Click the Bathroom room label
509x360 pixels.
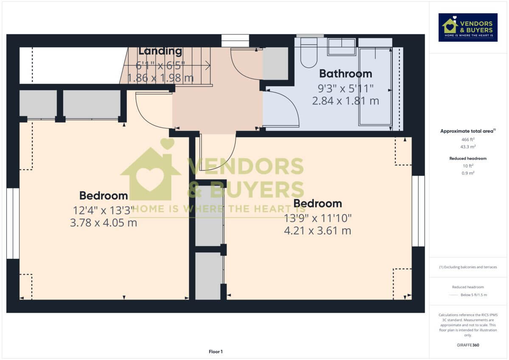pos(345,74)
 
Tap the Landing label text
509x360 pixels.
pos(160,51)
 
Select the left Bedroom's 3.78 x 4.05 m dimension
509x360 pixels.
pos(103,223)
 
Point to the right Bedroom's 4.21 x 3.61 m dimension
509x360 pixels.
pos(317,231)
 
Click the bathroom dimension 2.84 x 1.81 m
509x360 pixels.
pos(345,101)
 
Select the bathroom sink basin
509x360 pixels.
pos(341,47)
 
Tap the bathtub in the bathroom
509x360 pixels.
pos(375,87)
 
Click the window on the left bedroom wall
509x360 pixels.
pos(13,223)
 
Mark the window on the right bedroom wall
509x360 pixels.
pos(418,211)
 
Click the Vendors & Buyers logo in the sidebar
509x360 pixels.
pos(467,27)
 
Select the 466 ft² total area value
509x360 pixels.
pos(467,139)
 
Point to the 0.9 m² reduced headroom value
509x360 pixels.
pos(467,173)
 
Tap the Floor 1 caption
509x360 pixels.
pos(215,352)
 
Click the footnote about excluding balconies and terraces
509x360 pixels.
pos(467,267)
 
